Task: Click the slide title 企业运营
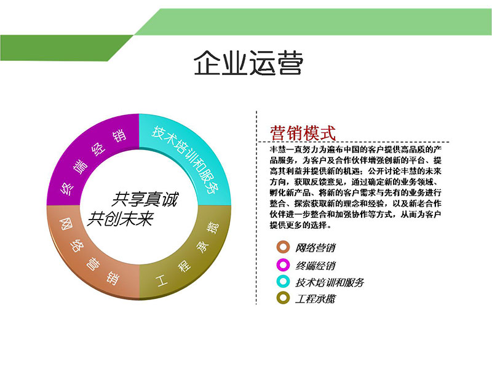click(248, 63)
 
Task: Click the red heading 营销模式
click(303, 133)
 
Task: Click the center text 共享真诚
click(145, 199)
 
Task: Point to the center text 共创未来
click(120, 218)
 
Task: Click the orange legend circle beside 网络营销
click(283, 247)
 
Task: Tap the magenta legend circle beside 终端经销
click(283, 265)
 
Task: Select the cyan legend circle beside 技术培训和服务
click(283, 281)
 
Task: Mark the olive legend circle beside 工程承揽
click(283, 298)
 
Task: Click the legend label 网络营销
click(315, 248)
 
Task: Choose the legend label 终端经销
click(315, 266)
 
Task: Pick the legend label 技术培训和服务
click(330, 282)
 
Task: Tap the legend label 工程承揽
click(315, 298)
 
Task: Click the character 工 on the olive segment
click(162, 280)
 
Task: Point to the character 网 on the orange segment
click(66, 224)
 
